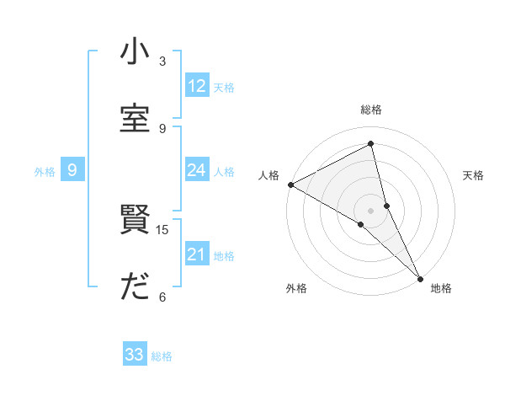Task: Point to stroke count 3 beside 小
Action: [162, 62]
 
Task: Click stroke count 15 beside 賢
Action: [162, 229]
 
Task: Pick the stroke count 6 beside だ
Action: [162, 297]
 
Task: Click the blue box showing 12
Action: [197, 86]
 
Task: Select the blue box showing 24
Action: [197, 170]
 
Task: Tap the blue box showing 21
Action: [197, 254]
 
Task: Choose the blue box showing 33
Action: [135, 355]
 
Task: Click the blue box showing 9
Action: [72, 170]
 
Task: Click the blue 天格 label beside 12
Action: [224, 87]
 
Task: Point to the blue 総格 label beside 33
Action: [162, 356]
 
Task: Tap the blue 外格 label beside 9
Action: [45, 171]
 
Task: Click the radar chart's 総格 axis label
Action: [371, 110]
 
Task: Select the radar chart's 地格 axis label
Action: [441, 288]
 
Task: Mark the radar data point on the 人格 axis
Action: [290, 185]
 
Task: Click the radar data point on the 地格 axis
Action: [420, 277]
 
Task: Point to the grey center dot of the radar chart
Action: [371, 210]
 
